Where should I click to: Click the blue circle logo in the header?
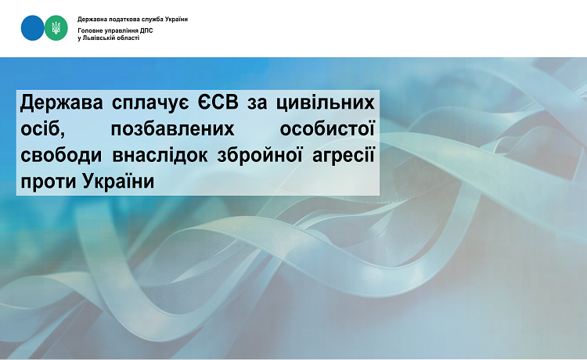33,27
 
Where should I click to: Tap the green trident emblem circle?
56,28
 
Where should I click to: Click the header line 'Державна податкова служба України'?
132,19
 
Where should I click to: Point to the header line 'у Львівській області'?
109,38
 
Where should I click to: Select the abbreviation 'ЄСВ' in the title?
221,103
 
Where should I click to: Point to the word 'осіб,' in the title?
41,128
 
